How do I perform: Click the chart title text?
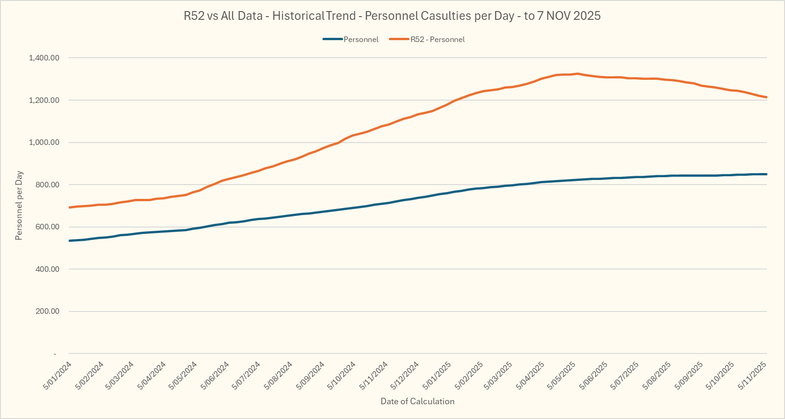[x=392, y=16]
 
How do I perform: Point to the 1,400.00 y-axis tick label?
[x=44, y=58]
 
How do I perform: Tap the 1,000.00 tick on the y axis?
[x=44, y=143]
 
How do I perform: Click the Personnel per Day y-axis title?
[x=19, y=206]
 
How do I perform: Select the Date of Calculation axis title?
[x=417, y=401]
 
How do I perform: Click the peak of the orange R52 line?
[x=577, y=74]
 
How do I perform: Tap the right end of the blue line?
[x=766, y=174]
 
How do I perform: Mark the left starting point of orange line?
[x=70, y=208]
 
